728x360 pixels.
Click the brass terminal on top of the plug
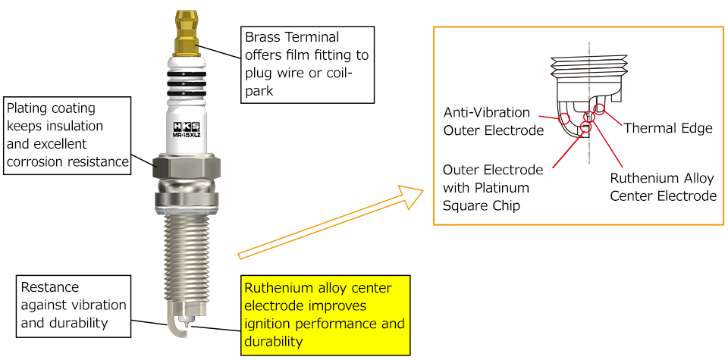187,34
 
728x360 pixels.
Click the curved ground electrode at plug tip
176,326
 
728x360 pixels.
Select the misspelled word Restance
50,288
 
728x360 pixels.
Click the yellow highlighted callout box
325,315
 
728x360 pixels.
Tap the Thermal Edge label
667,128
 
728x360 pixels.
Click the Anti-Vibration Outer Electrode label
494,121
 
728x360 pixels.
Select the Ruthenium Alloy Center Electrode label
664,187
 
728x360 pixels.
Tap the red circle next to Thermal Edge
600,109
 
